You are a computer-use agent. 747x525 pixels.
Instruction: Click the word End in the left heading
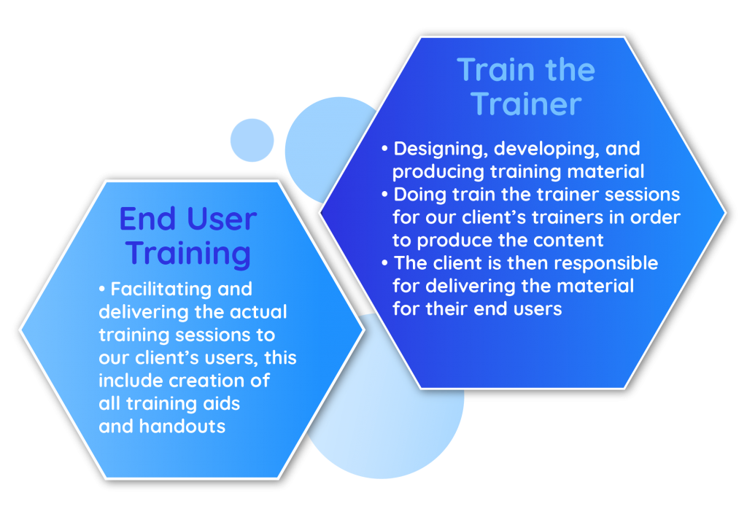pos(148,219)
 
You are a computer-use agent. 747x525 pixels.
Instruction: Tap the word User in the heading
pos(222,219)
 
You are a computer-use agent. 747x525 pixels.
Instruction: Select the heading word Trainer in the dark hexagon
pos(526,104)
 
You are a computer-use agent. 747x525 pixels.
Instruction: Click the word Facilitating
pos(161,289)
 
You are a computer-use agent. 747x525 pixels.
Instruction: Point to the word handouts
pos(182,427)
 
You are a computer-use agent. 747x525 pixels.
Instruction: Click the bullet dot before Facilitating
pos(101,289)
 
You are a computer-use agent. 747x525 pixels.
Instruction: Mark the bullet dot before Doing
pos(385,195)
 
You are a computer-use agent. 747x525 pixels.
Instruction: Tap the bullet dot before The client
pos(385,263)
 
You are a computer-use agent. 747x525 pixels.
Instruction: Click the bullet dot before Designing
pos(385,149)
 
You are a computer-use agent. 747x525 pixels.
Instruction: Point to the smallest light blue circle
pos(252,140)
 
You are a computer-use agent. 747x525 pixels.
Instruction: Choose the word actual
pos(258,312)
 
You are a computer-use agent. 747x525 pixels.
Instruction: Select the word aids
pos(222,403)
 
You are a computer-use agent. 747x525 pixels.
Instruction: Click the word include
pos(131,381)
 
